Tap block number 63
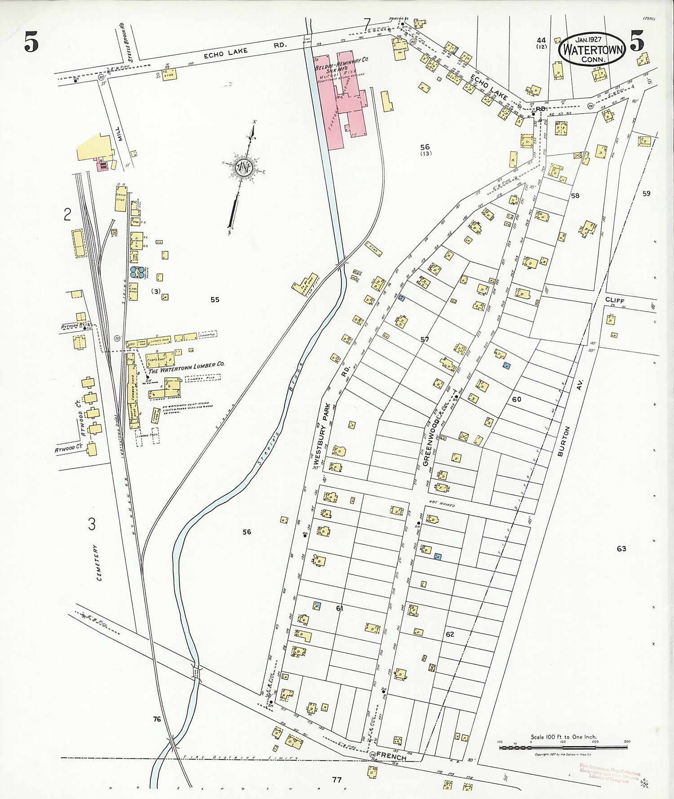(x=621, y=548)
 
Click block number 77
(x=337, y=779)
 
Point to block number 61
(x=339, y=608)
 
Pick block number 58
(x=575, y=195)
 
